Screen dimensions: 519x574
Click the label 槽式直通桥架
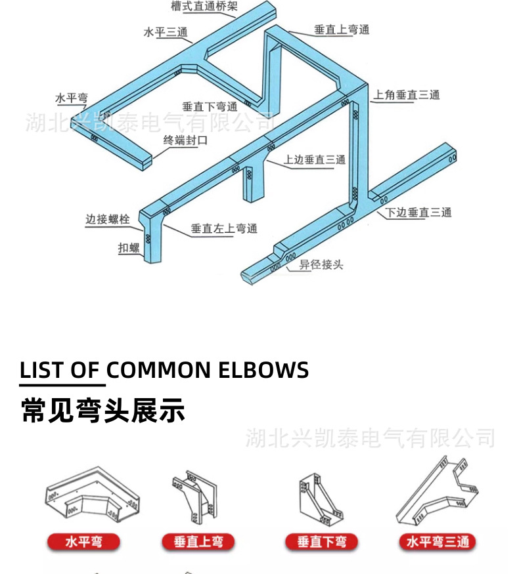pyautogui.click(x=204, y=7)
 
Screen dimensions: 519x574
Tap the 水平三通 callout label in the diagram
pyautogui.click(x=165, y=32)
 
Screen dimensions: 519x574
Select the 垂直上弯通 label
pyautogui.click(x=342, y=30)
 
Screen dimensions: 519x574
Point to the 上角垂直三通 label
pyautogui.click(x=407, y=95)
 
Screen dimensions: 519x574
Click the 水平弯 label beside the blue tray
pyautogui.click(x=72, y=98)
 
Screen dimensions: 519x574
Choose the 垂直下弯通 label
pyautogui.click(x=210, y=106)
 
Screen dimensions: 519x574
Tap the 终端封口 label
pyautogui.click(x=186, y=140)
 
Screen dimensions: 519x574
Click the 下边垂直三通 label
pyautogui.click(x=418, y=213)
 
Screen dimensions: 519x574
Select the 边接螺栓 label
pyautogui.click(x=108, y=219)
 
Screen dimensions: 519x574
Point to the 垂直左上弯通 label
pyautogui.click(x=224, y=228)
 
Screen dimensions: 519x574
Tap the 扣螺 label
pyautogui.click(x=129, y=247)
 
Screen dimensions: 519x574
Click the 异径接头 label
pyautogui.click(x=321, y=265)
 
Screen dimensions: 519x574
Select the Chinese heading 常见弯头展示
pyautogui.click(x=103, y=410)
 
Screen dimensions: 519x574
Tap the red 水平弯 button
pyautogui.click(x=83, y=542)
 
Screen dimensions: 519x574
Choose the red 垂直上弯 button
pyautogui.click(x=198, y=542)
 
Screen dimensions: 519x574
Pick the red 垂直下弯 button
pyautogui.click(x=321, y=542)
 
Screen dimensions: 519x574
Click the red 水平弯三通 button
pyautogui.click(x=438, y=542)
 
